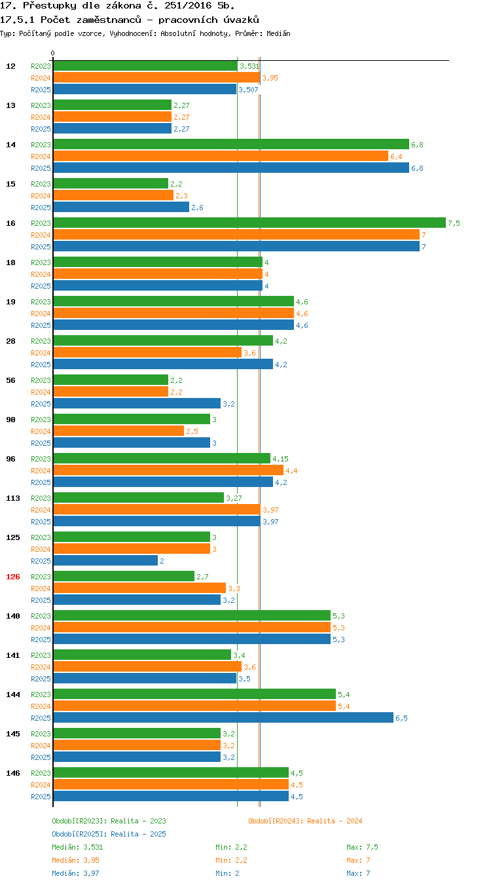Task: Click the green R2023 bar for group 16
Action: click(249, 223)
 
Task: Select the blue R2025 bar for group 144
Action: click(223, 718)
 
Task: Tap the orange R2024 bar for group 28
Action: click(147, 352)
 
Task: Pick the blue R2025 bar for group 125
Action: click(105, 560)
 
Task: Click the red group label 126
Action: click(12, 577)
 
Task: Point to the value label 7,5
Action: click(454, 223)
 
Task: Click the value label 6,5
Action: click(401, 718)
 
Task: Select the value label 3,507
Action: click(249, 90)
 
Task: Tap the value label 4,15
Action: click(280, 459)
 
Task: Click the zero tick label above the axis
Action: click(52, 53)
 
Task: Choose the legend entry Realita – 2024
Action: click(305, 821)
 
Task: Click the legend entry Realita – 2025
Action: click(109, 834)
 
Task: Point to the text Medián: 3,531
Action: click(77, 847)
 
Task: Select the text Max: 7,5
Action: click(362, 847)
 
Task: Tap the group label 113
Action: click(12, 498)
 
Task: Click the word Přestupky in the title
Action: click(49, 6)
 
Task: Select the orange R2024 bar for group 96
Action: click(168, 470)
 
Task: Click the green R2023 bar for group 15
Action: click(111, 183)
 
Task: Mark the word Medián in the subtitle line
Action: click(278, 33)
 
